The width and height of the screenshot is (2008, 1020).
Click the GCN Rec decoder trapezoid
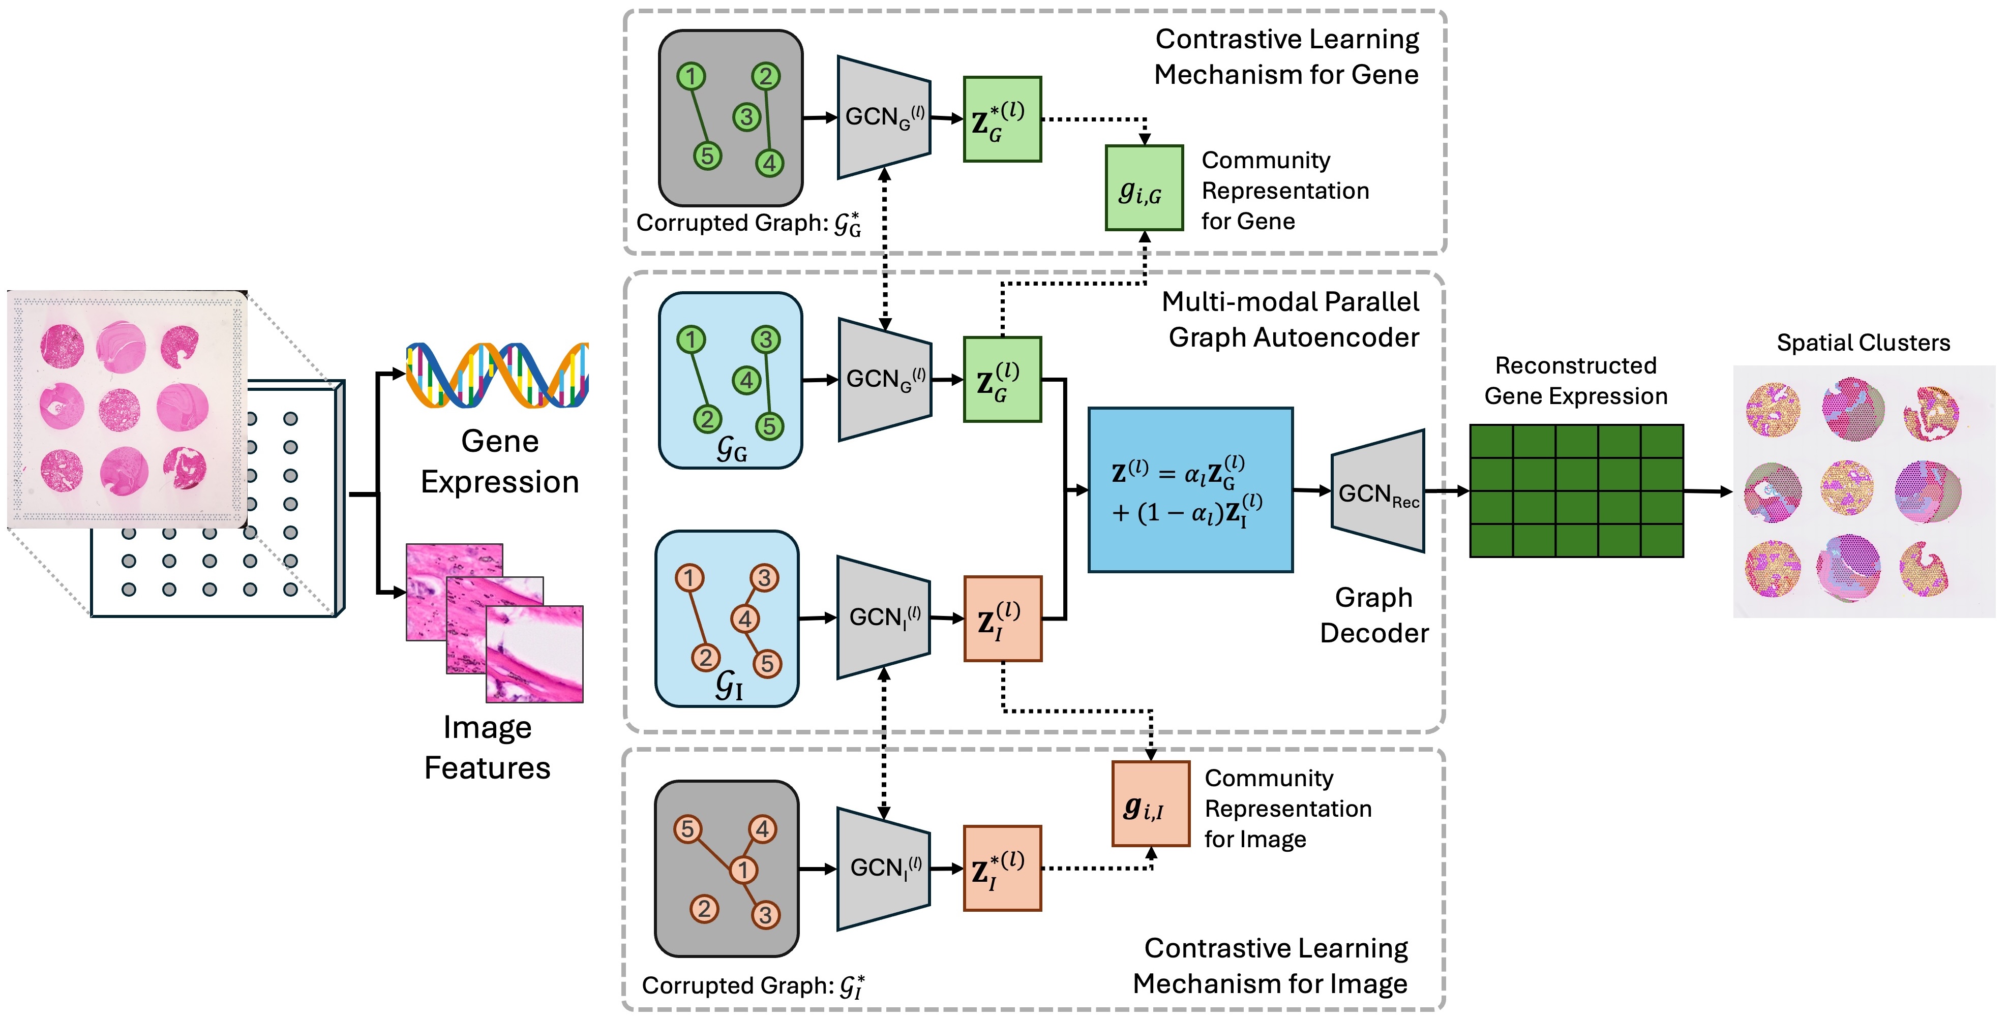tap(1377, 491)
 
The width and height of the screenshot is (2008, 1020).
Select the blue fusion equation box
tap(1190, 490)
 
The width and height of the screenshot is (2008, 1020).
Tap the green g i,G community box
tap(1144, 188)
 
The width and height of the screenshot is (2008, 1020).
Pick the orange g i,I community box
tap(1151, 803)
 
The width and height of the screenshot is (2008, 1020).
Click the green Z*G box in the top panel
tap(1002, 119)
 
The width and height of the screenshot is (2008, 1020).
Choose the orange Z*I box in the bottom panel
tap(1002, 868)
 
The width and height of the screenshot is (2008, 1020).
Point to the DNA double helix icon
tap(497, 375)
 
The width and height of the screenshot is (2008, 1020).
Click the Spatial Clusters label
tap(1863, 343)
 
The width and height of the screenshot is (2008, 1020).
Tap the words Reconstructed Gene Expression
tap(1575, 380)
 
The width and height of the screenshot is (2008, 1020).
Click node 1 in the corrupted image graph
tap(743, 869)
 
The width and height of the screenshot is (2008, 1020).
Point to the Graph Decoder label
tap(1373, 615)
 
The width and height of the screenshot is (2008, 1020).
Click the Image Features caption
tap(487, 747)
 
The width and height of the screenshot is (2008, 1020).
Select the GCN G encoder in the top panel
tap(884, 117)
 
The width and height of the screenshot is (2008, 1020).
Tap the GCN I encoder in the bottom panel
tap(884, 868)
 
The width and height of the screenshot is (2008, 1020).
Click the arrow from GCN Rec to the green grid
tap(1447, 491)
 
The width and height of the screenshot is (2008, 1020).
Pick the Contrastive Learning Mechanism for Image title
tap(1271, 966)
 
